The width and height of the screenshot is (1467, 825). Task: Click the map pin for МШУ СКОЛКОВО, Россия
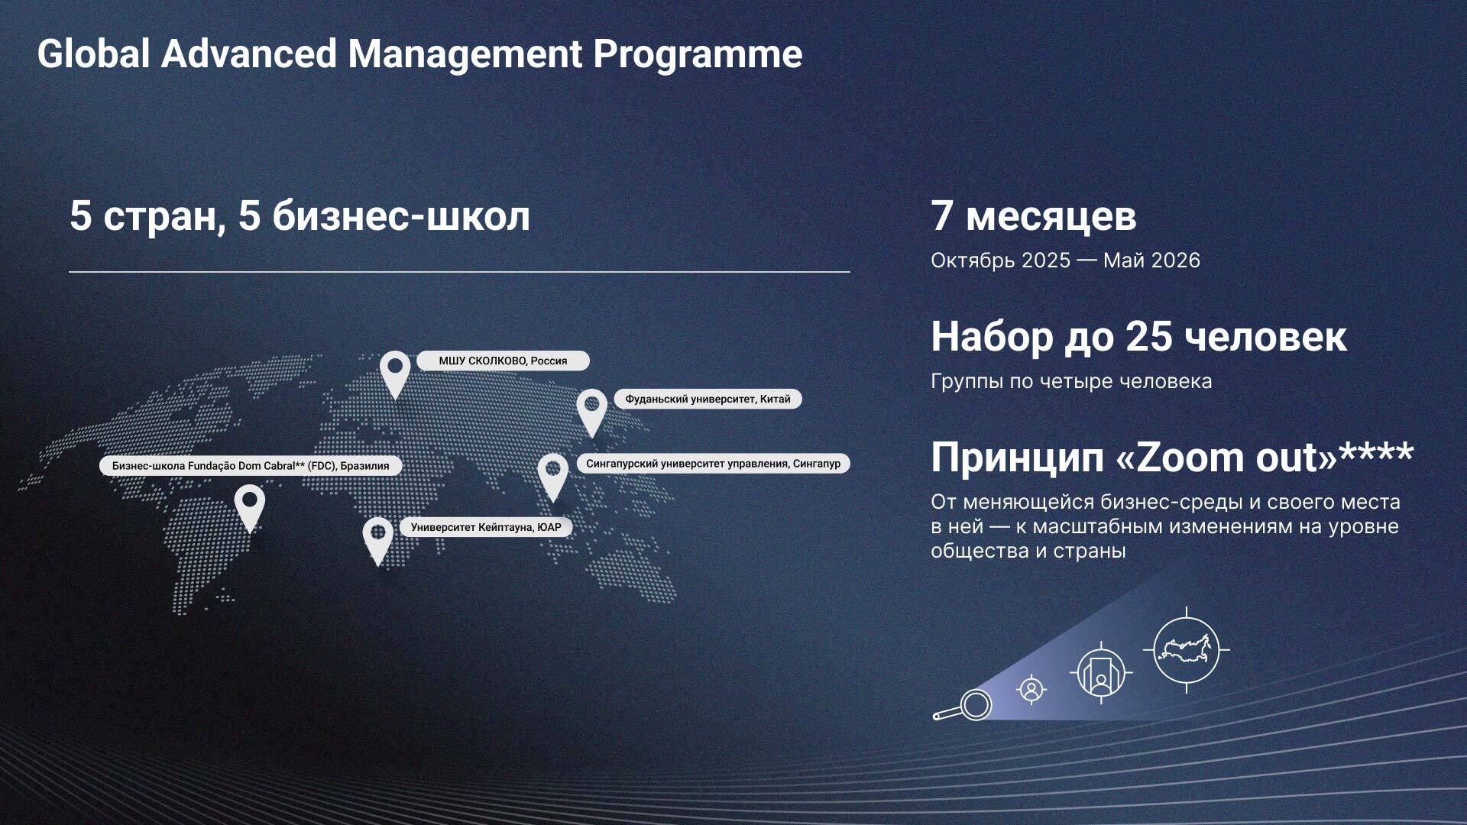(x=395, y=373)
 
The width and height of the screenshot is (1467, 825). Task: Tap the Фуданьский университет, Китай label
(x=708, y=399)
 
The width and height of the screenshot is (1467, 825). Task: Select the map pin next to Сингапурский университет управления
(x=553, y=475)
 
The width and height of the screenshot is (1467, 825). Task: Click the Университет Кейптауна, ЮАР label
(x=486, y=527)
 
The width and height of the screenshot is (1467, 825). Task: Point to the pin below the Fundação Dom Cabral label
(x=249, y=507)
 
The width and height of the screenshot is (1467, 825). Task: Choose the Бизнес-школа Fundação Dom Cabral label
(x=251, y=466)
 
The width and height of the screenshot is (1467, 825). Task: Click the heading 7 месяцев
(x=1033, y=216)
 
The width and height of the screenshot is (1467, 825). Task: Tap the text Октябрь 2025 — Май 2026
(x=1065, y=260)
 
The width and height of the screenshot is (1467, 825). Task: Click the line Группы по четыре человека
(x=1071, y=381)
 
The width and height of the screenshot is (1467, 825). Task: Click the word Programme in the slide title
(x=698, y=55)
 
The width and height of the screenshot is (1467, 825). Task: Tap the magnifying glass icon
(x=963, y=706)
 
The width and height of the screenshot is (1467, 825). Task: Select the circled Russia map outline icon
(x=1187, y=650)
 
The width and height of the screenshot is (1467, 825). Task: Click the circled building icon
(x=1101, y=673)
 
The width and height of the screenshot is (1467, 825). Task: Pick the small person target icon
(x=1031, y=690)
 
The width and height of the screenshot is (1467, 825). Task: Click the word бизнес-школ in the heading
(x=401, y=216)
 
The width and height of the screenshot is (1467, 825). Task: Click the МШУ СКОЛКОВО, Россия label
(x=503, y=361)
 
